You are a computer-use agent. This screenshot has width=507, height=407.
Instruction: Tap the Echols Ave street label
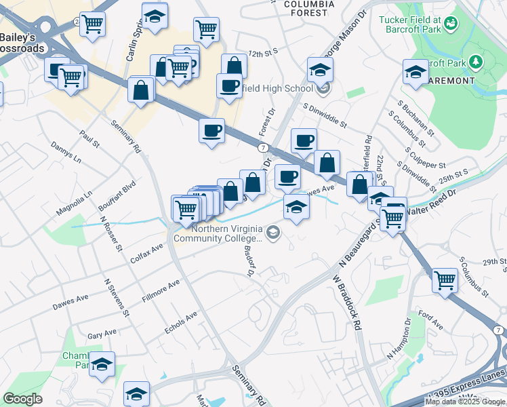coord(181,324)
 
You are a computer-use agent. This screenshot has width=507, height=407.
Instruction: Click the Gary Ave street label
coord(102,334)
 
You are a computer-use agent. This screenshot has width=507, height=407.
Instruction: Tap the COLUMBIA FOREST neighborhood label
coord(309,8)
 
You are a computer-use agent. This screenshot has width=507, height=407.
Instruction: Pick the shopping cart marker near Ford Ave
coord(445,279)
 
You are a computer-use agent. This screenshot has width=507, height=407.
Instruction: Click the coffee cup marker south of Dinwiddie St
coord(304,140)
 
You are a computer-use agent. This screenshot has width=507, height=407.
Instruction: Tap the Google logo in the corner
coord(23,398)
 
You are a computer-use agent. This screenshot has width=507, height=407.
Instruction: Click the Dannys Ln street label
coord(66,153)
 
